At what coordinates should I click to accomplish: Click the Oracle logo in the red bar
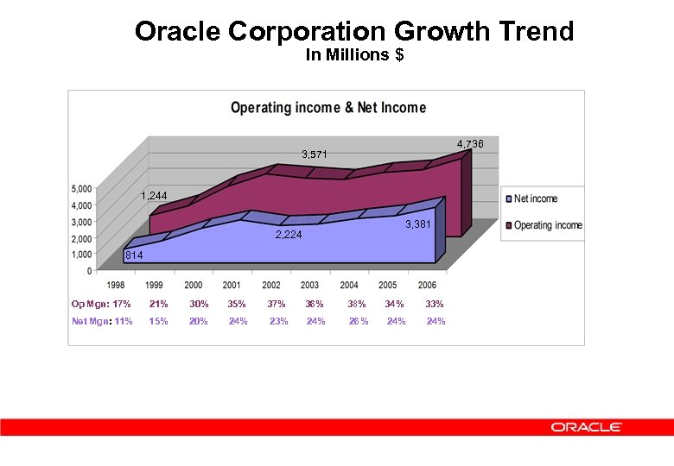pyautogui.click(x=587, y=427)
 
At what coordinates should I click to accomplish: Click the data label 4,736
pyautogui.click(x=470, y=144)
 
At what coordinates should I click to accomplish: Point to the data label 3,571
pyautogui.click(x=315, y=154)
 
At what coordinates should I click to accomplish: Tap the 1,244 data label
pyautogui.click(x=154, y=196)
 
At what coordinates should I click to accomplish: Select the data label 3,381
pyautogui.click(x=418, y=224)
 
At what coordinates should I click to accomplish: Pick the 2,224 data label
pyautogui.click(x=289, y=235)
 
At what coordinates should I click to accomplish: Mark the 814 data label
pyautogui.click(x=133, y=256)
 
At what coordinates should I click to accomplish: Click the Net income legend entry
pyautogui.click(x=536, y=198)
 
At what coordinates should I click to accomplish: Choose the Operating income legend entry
pyautogui.click(x=548, y=225)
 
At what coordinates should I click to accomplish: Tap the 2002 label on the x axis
pyautogui.click(x=270, y=286)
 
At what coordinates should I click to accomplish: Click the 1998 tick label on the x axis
pyautogui.click(x=116, y=286)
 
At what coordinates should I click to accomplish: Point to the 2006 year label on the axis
pyautogui.click(x=426, y=286)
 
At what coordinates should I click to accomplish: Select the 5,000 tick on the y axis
pyautogui.click(x=81, y=189)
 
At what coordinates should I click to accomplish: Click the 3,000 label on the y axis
pyautogui.click(x=81, y=222)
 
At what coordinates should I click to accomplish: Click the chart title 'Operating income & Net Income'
pyautogui.click(x=327, y=108)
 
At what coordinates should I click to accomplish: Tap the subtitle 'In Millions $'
pyautogui.click(x=354, y=55)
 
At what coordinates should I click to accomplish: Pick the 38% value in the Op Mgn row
pyautogui.click(x=356, y=304)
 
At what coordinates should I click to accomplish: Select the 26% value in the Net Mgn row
pyautogui.click(x=358, y=322)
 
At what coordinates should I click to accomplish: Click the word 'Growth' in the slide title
pyautogui.click(x=442, y=32)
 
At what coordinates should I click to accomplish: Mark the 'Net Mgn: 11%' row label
pyautogui.click(x=101, y=322)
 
